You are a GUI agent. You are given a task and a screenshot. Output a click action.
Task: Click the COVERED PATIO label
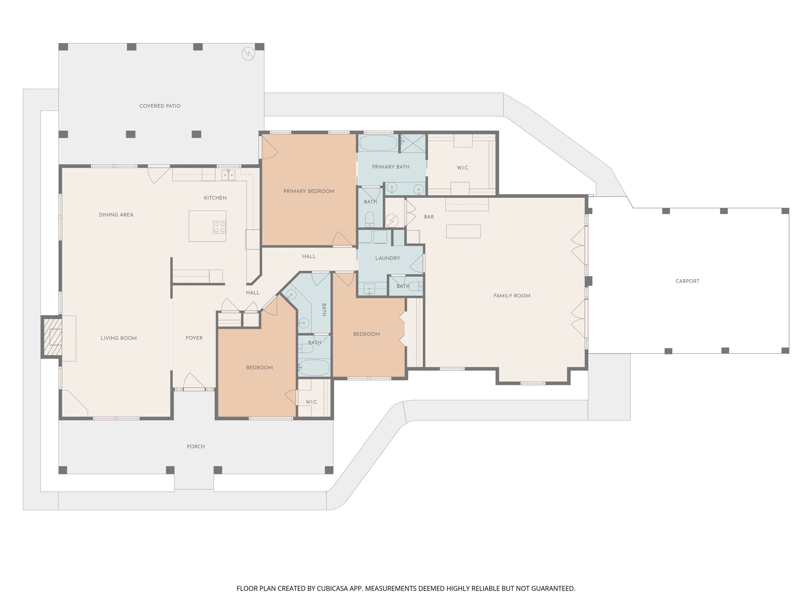coord(160,106)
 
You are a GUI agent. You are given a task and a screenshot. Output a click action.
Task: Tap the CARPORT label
coord(687,281)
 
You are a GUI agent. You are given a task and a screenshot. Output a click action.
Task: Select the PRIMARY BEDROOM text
coord(309,191)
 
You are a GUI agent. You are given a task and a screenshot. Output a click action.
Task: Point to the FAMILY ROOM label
coord(511,296)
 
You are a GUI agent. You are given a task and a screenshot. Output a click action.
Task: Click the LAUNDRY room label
coord(387,258)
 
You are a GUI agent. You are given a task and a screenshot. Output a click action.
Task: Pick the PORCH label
coord(196,446)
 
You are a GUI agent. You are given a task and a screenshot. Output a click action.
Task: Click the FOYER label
coord(194,338)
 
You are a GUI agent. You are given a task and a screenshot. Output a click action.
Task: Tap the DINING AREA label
coord(116,215)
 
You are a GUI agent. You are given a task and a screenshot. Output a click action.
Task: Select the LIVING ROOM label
coord(119,338)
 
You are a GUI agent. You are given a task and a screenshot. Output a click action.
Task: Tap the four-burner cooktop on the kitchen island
coord(219,227)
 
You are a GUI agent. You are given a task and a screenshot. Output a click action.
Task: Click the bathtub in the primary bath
coord(378,143)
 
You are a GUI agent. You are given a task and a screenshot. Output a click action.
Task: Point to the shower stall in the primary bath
coord(412,144)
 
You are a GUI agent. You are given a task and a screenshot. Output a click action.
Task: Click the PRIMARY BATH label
coord(391,167)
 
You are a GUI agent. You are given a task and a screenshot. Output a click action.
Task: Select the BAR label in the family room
coord(429,217)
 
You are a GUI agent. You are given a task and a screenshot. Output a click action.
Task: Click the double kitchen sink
coord(228,174)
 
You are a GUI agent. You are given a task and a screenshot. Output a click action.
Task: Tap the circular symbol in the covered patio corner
coord(248,54)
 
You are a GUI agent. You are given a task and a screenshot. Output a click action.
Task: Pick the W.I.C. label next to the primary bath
coord(463,168)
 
